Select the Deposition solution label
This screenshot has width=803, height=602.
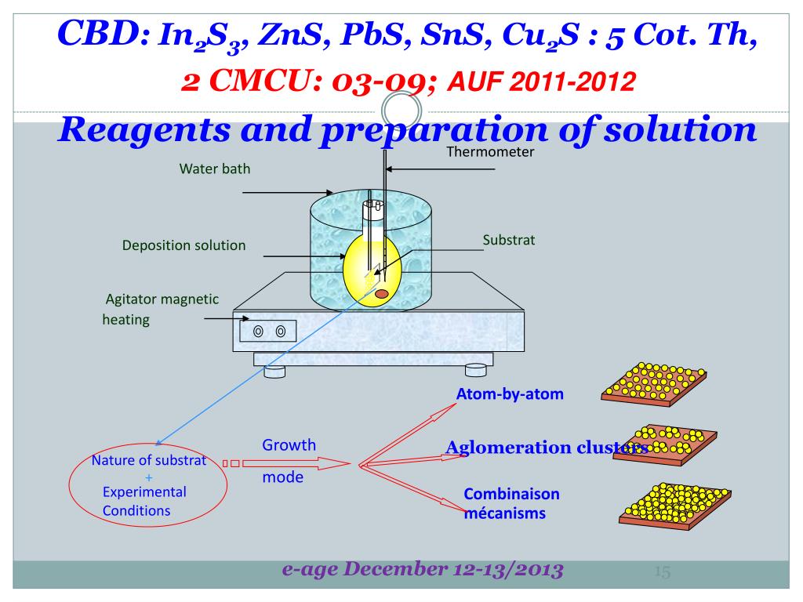[183, 245]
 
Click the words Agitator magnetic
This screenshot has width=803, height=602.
[162, 299]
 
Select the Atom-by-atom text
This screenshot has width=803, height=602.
[510, 394]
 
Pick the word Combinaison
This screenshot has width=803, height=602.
[512, 495]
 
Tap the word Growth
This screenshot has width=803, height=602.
[289, 445]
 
